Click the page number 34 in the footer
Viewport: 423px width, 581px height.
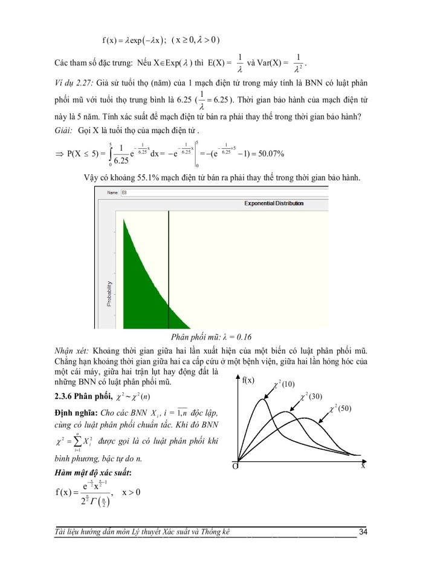(x=363, y=532)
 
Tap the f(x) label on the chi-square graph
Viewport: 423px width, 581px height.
(x=248, y=381)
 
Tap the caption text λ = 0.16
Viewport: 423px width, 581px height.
(x=231, y=338)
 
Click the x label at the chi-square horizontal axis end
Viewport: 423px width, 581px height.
(x=363, y=466)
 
